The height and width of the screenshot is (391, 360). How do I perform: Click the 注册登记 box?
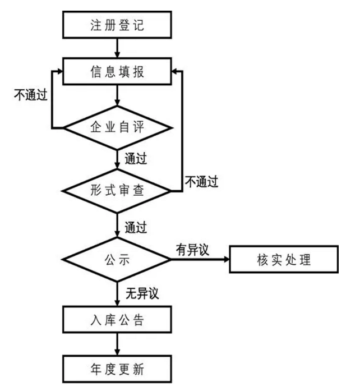click(117, 25)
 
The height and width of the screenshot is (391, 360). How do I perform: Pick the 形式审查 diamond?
click(117, 191)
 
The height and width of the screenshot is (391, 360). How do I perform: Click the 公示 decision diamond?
click(117, 260)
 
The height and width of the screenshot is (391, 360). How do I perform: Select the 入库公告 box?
click(117, 321)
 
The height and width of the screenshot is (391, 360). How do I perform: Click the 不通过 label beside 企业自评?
click(29, 95)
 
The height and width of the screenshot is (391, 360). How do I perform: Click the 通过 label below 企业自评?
click(135, 158)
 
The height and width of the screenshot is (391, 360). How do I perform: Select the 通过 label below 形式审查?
click(135, 227)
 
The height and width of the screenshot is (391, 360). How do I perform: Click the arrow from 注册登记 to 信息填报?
click(117, 48)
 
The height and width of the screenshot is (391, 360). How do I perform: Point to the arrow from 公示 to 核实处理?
click(199, 260)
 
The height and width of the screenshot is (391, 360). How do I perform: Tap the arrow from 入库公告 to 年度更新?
click(117, 344)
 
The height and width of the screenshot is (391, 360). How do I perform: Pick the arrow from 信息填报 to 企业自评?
click(117, 96)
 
